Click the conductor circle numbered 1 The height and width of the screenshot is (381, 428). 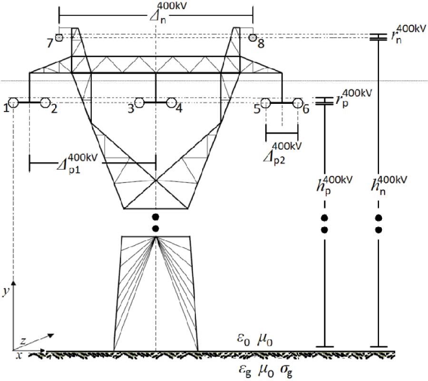[x=13, y=102]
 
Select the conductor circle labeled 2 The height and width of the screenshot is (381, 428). [x=46, y=102]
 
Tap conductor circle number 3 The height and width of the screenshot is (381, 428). [x=139, y=102]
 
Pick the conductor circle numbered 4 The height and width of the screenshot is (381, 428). [x=171, y=102]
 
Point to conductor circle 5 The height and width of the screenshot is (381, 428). [x=265, y=102]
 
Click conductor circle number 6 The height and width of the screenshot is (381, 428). [x=298, y=102]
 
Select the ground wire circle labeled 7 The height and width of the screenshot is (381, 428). [x=59, y=38]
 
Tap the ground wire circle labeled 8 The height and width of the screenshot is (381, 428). [x=253, y=38]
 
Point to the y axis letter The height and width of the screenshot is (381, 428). [x=5, y=291]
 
